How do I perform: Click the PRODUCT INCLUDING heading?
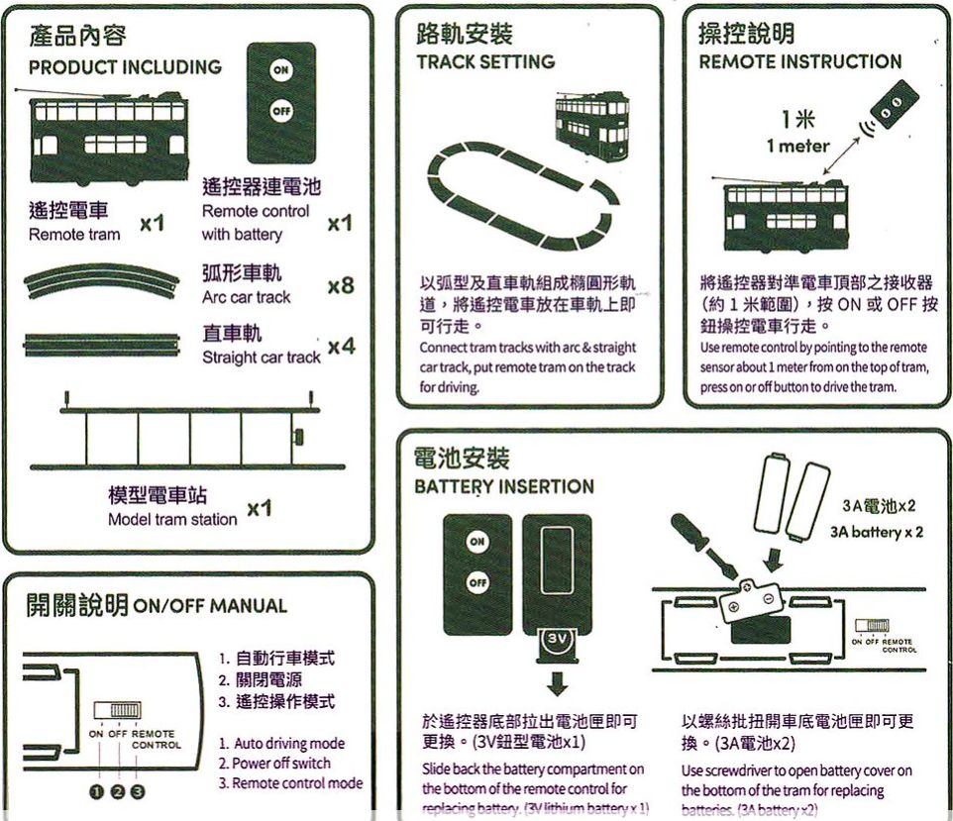tap(125, 67)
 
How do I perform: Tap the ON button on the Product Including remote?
tap(281, 70)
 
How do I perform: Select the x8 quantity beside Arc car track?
tap(340, 287)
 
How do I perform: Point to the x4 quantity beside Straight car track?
tap(341, 347)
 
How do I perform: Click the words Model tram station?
tap(172, 520)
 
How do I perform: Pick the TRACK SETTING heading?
tap(484, 61)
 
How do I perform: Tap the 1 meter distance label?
tap(797, 147)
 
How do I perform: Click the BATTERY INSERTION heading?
tap(503, 486)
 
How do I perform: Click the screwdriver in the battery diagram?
tap(702, 546)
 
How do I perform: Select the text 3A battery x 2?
tap(877, 532)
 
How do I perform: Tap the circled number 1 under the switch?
tap(97, 790)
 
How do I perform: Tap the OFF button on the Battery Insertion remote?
tap(477, 582)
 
